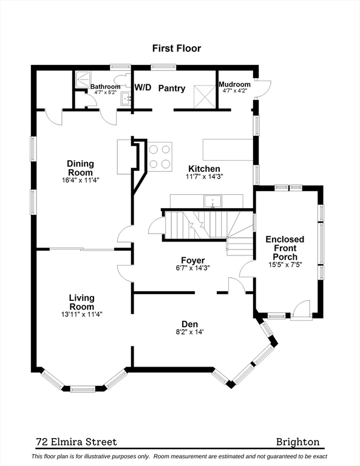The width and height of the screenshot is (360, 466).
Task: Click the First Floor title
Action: click(x=177, y=48)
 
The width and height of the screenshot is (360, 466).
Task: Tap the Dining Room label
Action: click(x=80, y=168)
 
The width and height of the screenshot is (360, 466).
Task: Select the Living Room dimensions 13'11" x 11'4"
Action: click(x=82, y=314)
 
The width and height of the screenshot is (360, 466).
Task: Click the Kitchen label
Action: click(x=204, y=169)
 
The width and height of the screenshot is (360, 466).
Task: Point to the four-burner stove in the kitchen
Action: click(x=160, y=157)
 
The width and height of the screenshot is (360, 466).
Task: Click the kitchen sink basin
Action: click(x=212, y=201)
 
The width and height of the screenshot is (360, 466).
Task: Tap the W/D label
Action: click(x=143, y=87)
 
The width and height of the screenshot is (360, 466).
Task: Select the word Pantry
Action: click(x=172, y=88)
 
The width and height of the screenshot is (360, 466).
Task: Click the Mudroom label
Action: click(x=234, y=84)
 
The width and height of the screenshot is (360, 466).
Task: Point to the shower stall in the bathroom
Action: click(x=83, y=79)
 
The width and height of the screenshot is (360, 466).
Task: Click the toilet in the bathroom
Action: click(x=122, y=80)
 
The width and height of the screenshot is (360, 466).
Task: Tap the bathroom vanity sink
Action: click(x=126, y=99)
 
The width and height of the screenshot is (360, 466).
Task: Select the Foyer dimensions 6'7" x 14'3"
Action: click(x=192, y=268)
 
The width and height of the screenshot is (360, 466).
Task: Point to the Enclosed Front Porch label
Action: click(x=285, y=248)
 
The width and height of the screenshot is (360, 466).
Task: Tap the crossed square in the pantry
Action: click(x=205, y=96)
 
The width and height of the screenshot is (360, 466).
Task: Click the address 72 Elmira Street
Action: click(x=76, y=442)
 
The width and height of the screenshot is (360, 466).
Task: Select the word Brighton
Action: click(x=298, y=442)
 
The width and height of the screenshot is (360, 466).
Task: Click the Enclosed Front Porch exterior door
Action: click(x=302, y=311)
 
